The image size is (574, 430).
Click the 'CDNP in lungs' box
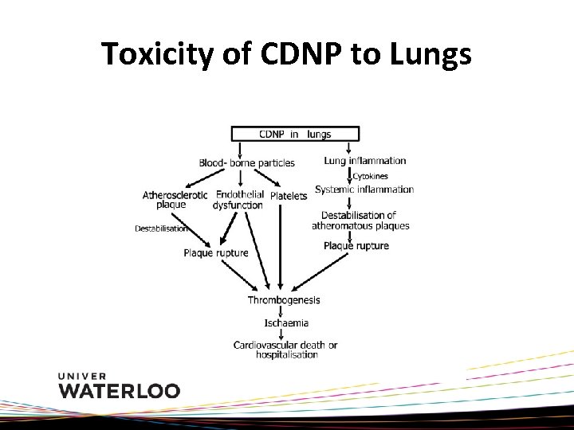tap(294, 134)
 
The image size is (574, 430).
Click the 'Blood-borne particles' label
tap(246, 163)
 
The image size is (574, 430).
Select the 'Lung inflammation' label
tap(365, 161)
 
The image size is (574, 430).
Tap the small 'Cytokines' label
tap(371, 176)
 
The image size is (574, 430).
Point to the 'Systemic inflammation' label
tap(364, 190)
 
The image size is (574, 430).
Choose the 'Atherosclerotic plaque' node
tap(175, 199)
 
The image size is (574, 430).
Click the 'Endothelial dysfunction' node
tap(239, 199)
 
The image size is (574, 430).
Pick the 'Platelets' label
tap(289, 196)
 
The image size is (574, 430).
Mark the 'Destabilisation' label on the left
tap(162, 229)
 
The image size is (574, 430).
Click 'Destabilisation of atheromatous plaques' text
tap(360, 220)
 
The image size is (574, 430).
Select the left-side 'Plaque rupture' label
tap(215, 253)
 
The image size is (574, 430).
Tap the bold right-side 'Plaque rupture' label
tap(356, 245)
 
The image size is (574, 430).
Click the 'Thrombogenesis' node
tap(284, 300)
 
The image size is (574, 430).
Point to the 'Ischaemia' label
tap(286, 323)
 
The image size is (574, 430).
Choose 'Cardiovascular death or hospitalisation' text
tap(285, 350)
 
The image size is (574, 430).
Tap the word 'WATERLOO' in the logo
tap(120, 390)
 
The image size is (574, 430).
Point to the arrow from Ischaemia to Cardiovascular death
tap(281, 334)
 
